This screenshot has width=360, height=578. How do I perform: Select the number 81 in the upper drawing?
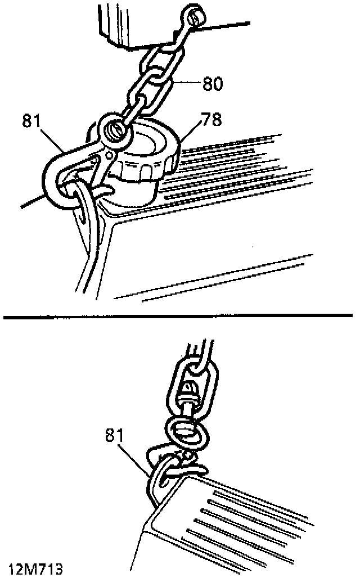pos(34,121)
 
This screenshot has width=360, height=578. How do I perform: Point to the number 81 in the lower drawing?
pos(116,435)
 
